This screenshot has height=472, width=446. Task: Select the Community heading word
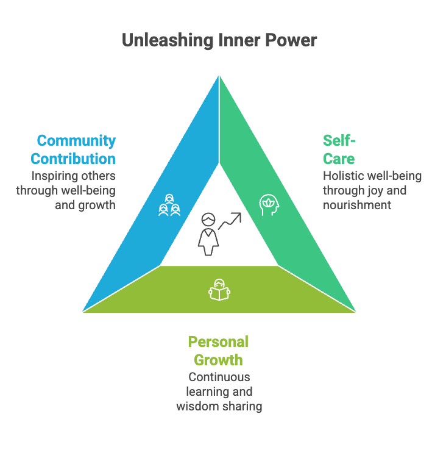(76, 141)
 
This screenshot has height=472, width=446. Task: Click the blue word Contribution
(73, 159)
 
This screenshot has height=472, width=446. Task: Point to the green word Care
(339, 159)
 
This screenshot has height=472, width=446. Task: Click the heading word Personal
(218, 341)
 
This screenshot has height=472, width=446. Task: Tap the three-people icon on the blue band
(169, 206)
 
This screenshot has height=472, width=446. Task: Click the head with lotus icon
(269, 204)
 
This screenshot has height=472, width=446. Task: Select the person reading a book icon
(219, 290)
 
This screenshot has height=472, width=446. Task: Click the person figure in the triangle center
(208, 234)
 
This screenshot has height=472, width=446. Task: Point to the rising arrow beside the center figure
(230, 221)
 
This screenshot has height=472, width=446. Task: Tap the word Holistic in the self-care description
(343, 176)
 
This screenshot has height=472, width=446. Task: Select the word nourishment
(357, 205)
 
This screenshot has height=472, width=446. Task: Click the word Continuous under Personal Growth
(219, 377)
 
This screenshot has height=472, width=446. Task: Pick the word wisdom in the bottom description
(193, 406)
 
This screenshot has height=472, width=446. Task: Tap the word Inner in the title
(233, 40)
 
